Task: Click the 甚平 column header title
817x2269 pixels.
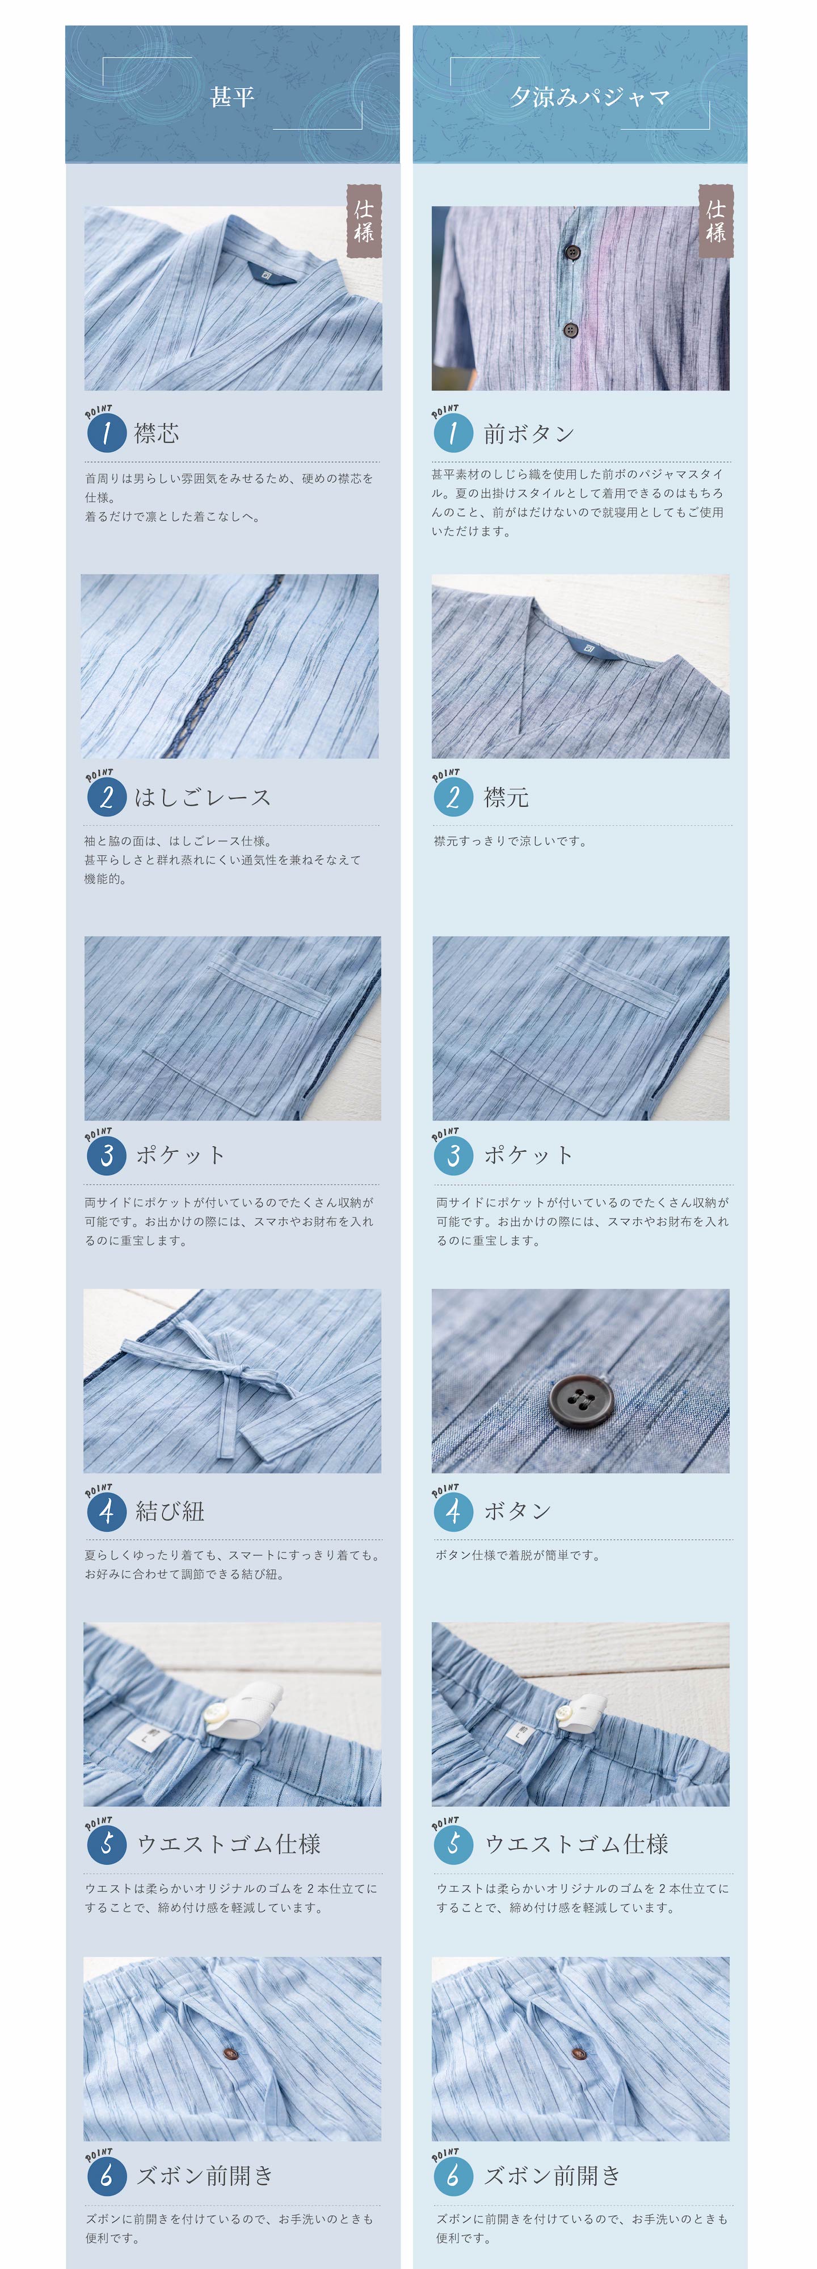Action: tap(232, 96)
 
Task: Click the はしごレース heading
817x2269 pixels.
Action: tap(203, 797)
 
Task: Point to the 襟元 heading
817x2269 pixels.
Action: tap(506, 797)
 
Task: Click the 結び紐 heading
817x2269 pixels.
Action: tap(170, 1512)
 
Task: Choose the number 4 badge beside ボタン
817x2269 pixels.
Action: tap(453, 1512)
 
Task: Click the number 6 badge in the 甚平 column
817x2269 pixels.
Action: tap(107, 2175)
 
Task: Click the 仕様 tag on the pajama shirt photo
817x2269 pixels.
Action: tap(715, 221)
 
